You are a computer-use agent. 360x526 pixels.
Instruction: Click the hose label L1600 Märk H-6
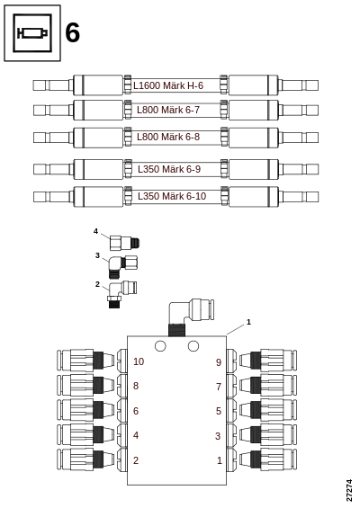coord(168,85)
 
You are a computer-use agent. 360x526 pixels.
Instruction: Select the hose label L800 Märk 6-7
coord(168,110)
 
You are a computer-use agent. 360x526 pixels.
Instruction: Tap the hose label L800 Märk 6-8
coord(168,137)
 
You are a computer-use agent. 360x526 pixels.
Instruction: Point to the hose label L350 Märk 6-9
coord(169,169)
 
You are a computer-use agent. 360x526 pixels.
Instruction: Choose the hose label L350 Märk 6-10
coord(172,196)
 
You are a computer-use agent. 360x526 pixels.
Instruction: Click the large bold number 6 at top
coord(73,32)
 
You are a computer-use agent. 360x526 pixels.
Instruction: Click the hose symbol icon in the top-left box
coord(32,33)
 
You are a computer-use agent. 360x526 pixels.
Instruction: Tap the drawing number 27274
coord(349,490)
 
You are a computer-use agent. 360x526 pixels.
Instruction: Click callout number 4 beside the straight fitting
coord(95,231)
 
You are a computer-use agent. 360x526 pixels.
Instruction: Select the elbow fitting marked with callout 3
coord(122,267)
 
